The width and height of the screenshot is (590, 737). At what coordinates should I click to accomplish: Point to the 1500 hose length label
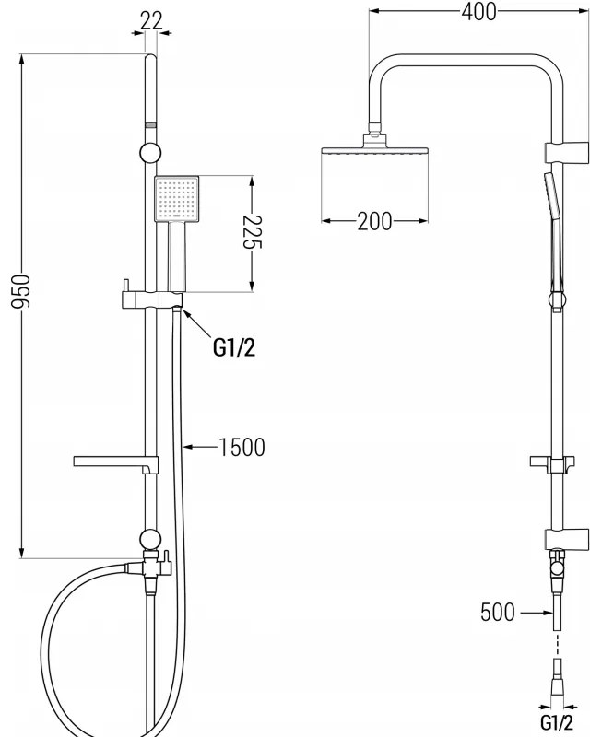coord(242,448)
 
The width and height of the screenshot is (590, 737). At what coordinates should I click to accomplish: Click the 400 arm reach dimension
coord(478,11)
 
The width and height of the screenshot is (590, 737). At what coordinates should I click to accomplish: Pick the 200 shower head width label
coord(374,221)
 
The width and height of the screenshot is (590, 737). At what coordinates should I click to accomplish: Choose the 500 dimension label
coord(498,613)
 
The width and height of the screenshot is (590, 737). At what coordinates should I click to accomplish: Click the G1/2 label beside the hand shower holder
coord(233,346)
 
